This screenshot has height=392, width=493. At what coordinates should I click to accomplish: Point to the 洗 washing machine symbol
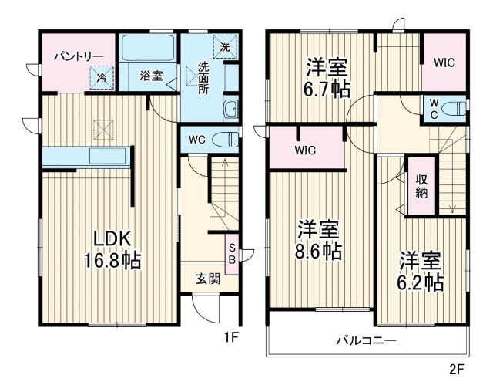point(223,46)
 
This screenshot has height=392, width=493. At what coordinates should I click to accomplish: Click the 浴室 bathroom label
point(151,76)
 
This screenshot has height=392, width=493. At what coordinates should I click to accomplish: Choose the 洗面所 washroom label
point(203,77)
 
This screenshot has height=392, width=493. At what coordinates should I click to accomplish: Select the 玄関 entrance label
point(208,279)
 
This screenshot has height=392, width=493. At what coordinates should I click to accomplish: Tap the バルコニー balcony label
point(366,340)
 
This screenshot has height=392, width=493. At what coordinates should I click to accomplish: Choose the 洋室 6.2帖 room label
point(421,272)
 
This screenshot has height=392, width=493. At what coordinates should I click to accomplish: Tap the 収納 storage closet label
point(422,186)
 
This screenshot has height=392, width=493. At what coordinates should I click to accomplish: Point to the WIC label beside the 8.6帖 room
point(306,151)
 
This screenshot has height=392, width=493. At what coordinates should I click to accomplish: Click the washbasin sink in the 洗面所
point(230,110)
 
